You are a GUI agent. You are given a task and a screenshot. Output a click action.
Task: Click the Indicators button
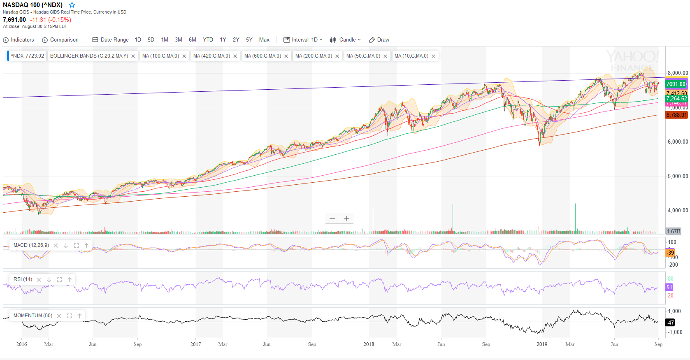[x=19, y=40]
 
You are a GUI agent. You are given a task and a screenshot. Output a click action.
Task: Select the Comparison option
[x=60, y=40]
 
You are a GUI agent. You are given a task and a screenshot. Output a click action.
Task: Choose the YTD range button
[x=208, y=40]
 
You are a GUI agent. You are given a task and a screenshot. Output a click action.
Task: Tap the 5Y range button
[x=249, y=40]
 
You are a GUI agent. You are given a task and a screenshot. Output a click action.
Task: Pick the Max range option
[x=264, y=40]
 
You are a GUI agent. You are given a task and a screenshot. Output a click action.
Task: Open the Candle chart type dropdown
[x=345, y=40]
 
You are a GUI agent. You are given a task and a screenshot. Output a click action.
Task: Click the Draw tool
[x=379, y=40]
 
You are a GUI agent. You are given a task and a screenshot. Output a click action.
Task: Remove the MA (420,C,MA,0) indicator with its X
[x=235, y=56]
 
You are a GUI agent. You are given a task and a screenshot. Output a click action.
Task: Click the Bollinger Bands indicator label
[x=89, y=56]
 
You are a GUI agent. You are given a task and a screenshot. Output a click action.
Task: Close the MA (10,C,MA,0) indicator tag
[x=433, y=56]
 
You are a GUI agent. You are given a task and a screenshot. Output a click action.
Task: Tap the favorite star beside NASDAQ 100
[x=72, y=5]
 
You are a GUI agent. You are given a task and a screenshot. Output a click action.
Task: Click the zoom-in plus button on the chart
[x=347, y=218]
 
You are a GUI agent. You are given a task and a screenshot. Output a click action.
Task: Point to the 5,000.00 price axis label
[x=677, y=177]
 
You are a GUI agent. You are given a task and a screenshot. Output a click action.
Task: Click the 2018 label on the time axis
[x=369, y=344]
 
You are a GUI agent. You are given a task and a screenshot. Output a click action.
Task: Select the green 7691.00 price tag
[x=676, y=84]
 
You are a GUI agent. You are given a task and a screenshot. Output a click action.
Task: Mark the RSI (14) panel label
[x=23, y=279]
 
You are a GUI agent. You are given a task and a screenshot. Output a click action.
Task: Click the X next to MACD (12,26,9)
[x=56, y=246]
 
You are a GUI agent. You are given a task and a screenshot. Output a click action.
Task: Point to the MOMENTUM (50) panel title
[x=33, y=316]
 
